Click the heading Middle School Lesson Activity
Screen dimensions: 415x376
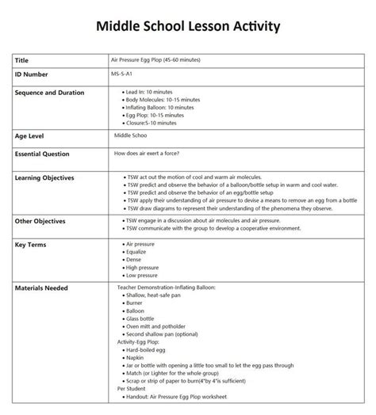[x=187, y=27]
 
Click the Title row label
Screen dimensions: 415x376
[x=23, y=59]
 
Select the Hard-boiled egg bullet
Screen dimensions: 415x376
[x=147, y=351]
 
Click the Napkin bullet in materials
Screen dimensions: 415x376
[x=136, y=358]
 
